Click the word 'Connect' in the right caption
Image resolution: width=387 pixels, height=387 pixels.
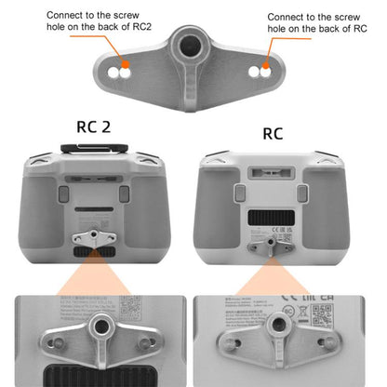point(286,17)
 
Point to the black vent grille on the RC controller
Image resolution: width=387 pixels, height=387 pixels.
point(271,220)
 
